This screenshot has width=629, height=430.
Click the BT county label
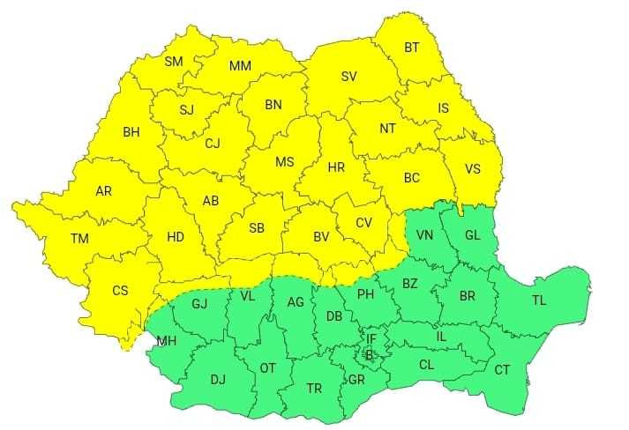click(412, 48)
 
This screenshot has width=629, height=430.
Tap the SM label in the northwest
click(174, 62)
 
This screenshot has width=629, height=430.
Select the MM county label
click(240, 66)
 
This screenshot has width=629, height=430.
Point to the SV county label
click(348, 77)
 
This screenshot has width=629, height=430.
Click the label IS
click(444, 108)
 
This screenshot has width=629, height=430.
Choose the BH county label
click(131, 133)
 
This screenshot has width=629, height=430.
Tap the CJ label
click(213, 144)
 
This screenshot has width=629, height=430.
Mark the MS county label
click(284, 162)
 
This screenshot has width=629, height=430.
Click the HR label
click(336, 167)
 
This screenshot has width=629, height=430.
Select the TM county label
click(80, 238)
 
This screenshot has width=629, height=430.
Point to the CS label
click(120, 290)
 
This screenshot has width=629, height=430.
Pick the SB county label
click(257, 228)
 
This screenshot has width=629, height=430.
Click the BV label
click(321, 236)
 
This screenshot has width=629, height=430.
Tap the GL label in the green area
click(472, 234)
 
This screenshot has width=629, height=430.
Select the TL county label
click(538, 300)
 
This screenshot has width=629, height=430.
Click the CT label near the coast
click(502, 370)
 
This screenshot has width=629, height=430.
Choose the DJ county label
click(218, 380)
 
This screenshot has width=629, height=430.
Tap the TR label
click(314, 389)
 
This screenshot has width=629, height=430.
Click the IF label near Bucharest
click(371, 337)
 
